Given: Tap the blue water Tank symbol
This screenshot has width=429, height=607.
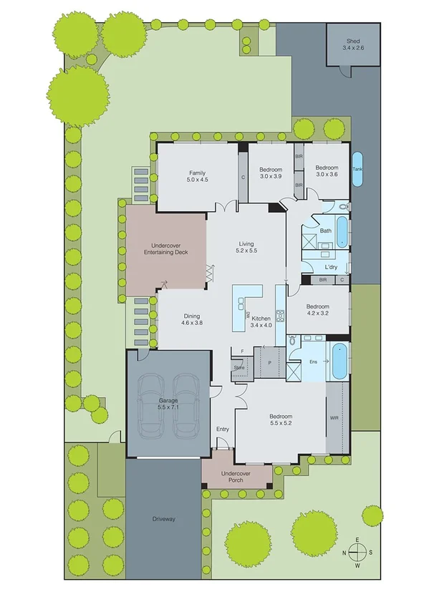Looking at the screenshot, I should point(357,169).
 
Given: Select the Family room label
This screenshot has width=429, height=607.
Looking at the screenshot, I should point(198,177).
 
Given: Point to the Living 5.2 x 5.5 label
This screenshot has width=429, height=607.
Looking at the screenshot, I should point(246,248).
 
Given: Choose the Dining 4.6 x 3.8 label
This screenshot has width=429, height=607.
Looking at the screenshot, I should point(191,320).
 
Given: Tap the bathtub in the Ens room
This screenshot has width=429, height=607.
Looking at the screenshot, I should point(338,361).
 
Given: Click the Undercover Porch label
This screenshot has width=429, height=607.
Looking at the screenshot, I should point(236,477).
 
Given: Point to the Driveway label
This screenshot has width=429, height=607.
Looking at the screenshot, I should point(163,519).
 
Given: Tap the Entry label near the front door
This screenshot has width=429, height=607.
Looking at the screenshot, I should point(222,429).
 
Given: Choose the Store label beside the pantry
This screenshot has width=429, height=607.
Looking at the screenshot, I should point(238,366).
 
